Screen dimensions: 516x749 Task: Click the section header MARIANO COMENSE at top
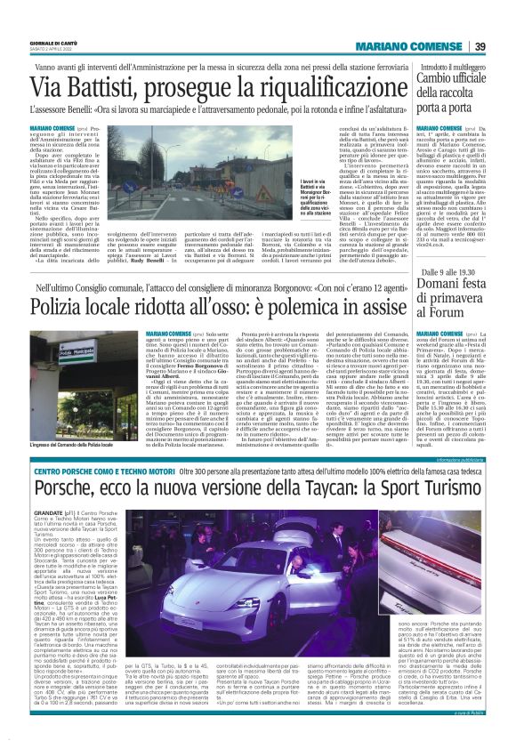(424, 47)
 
